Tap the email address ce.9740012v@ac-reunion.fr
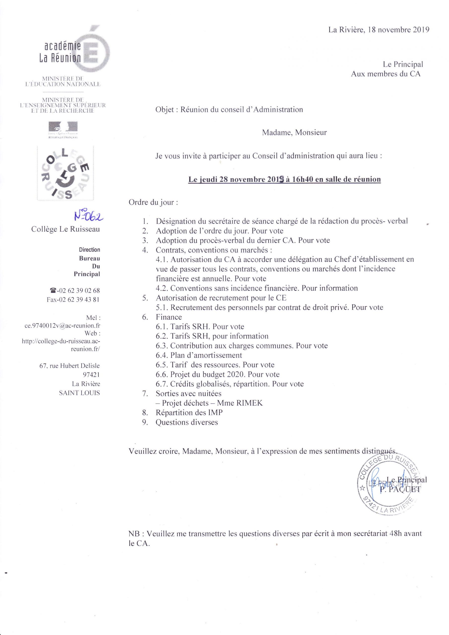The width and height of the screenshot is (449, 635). pos(62,326)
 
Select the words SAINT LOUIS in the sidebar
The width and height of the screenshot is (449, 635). pos(79,393)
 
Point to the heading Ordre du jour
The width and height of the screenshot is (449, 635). pos(153,202)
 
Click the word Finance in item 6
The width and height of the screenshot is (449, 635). pos(169,317)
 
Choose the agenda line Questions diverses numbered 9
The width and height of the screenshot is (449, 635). pos(187,422)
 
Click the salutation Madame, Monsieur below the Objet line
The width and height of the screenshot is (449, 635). pos(294,132)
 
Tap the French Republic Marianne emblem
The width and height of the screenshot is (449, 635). pos(63,128)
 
